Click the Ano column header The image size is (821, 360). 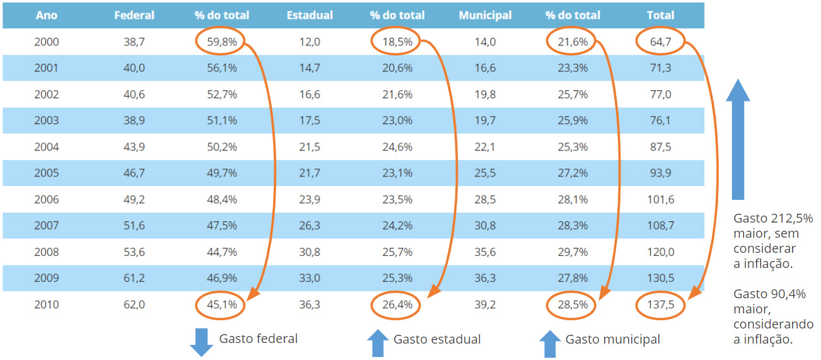tap(46, 15)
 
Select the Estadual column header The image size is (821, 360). tap(310, 15)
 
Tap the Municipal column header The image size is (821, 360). tap(485, 15)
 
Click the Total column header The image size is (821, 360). tap(660, 15)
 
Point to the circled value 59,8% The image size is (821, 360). tap(221, 42)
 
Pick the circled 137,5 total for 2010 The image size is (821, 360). tap(660, 305)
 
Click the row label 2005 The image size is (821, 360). tap(46, 173)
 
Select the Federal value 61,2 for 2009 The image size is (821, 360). tap(134, 279)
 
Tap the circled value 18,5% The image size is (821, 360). tap(397, 42)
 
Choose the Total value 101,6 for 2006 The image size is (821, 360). tap(660, 200)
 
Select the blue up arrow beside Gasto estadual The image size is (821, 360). tap(378, 344)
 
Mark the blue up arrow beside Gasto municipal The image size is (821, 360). tap(550, 344)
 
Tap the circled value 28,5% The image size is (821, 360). tap(573, 305)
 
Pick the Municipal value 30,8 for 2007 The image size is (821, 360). tap(485, 226)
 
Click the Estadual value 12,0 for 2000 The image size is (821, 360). tap(310, 42)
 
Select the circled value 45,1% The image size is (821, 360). tap(221, 305)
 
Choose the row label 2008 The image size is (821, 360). tap(46, 252)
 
